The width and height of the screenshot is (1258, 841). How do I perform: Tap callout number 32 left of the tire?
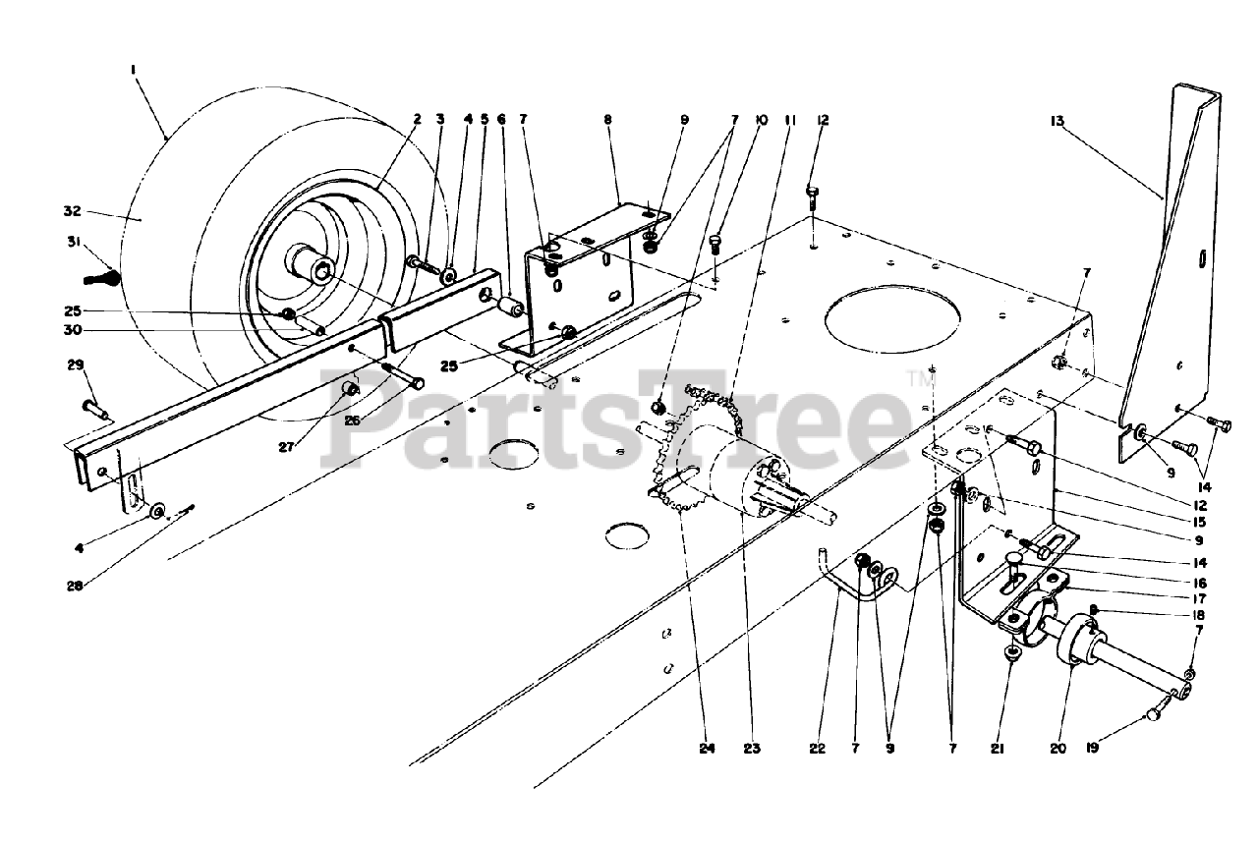click(x=72, y=211)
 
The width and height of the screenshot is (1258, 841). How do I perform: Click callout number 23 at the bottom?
click(x=752, y=748)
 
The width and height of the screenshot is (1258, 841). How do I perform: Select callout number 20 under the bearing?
click(x=1058, y=748)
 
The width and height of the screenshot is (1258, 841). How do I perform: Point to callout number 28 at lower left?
click(x=74, y=587)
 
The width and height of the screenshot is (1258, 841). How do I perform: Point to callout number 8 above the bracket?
click(x=607, y=120)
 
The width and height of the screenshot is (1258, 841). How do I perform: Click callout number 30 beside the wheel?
click(x=72, y=330)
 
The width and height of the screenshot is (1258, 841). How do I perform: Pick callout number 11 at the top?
click(x=788, y=120)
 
